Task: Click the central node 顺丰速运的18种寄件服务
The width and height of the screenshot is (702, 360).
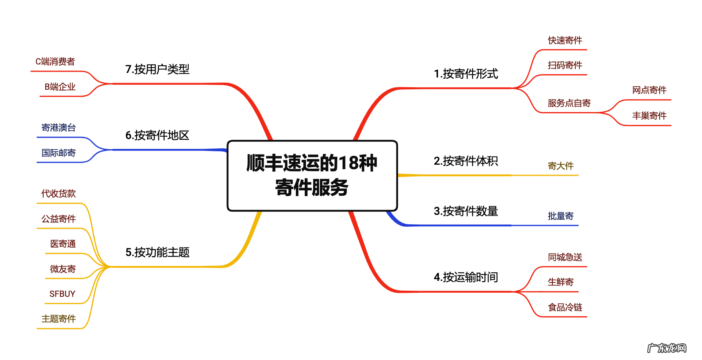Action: (312, 175)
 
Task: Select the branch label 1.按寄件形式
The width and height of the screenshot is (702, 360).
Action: (466, 74)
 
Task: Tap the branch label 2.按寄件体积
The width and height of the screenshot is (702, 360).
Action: (466, 161)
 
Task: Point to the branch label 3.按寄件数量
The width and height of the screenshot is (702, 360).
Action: (466, 211)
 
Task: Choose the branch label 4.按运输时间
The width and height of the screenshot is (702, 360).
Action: (466, 277)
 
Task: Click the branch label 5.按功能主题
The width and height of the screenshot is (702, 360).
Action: (157, 252)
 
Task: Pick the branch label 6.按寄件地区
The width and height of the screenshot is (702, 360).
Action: (157, 135)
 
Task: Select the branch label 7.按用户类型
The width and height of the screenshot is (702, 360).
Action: (157, 69)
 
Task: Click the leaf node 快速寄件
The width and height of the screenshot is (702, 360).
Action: (565, 40)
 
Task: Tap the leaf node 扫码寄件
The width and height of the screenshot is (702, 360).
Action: (565, 65)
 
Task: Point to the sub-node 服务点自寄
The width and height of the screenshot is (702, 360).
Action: (569, 103)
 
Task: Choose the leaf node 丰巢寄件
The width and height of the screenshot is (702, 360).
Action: (649, 116)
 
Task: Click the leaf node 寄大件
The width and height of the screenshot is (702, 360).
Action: (561, 166)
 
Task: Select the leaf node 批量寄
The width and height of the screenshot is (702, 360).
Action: (561, 216)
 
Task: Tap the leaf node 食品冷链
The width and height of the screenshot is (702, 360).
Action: (565, 307)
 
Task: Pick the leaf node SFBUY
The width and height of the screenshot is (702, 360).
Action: (62, 294)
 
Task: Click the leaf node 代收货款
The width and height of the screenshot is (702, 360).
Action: (59, 194)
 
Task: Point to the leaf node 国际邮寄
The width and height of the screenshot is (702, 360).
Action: (59, 153)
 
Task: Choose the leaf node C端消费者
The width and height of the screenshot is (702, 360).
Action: (55, 62)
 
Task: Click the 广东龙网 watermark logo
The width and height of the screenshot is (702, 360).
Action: (667, 348)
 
